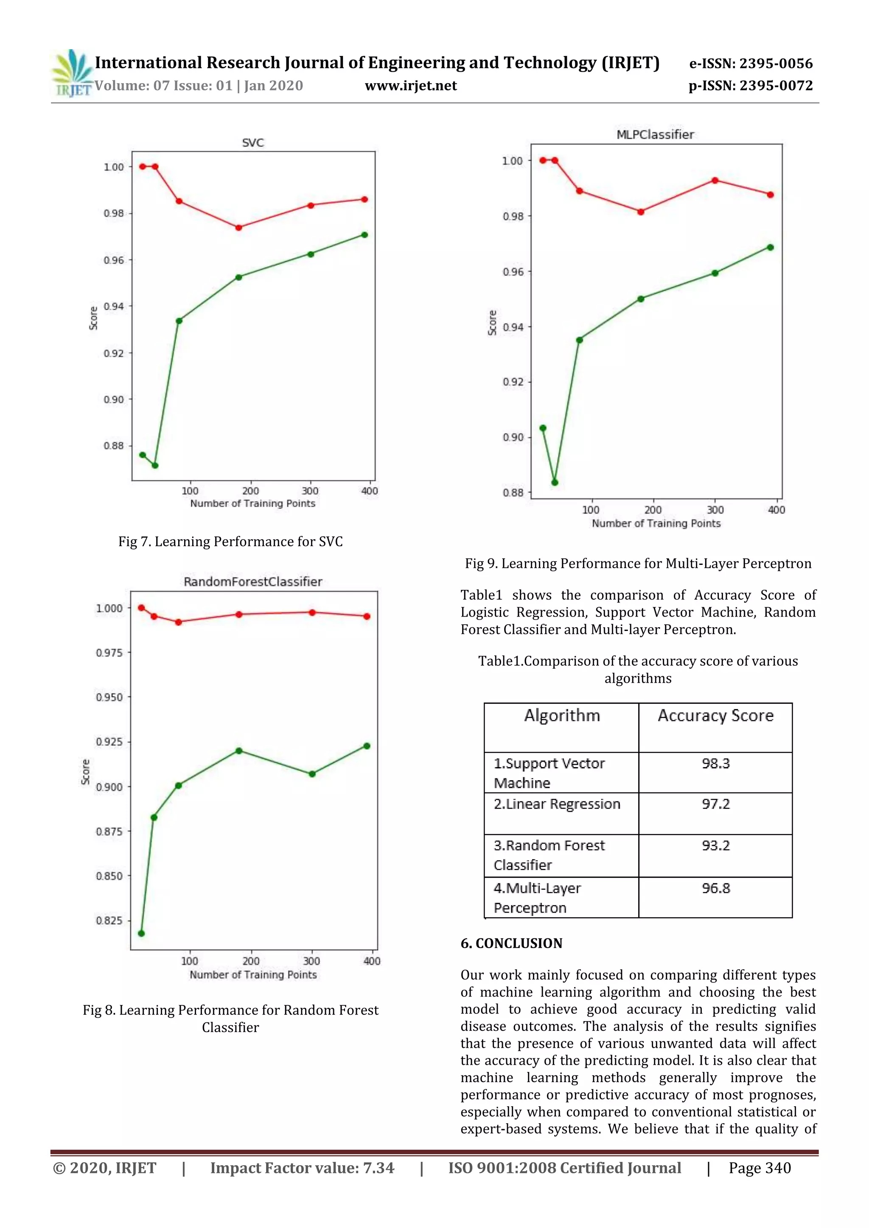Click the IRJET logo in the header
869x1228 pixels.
pyautogui.click(x=72, y=74)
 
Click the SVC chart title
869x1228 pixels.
pyautogui.click(x=252, y=143)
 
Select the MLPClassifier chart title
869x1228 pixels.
pyautogui.click(x=655, y=135)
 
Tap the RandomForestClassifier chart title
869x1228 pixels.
pyautogui.click(x=252, y=581)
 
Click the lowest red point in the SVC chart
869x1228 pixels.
pyautogui.click(x=238, y=227)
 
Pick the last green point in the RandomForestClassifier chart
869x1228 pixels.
pyautogui.click(x=367, y=745)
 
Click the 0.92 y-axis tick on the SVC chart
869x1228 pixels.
pyautogui.click(x=113, y=353)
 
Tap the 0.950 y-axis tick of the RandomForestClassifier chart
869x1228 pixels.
pyautogui.click(x=109, y=697)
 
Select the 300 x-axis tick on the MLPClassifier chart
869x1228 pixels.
pyautogui.click(x=715, y=510)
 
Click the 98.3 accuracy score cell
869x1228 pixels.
pyautogui.click(x=715, y=763)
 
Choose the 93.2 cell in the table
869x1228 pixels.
pyautogui.click(x=715, y=846)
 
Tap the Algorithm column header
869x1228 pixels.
pyautogui.click(x=562, y=716)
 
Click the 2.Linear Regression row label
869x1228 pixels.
pyautogui.click(x=557, y=804)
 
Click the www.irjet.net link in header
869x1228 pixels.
pyautogui.click(x=410, y=86)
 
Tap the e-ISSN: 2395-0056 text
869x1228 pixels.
pyautogui.click(x=751, y=63)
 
